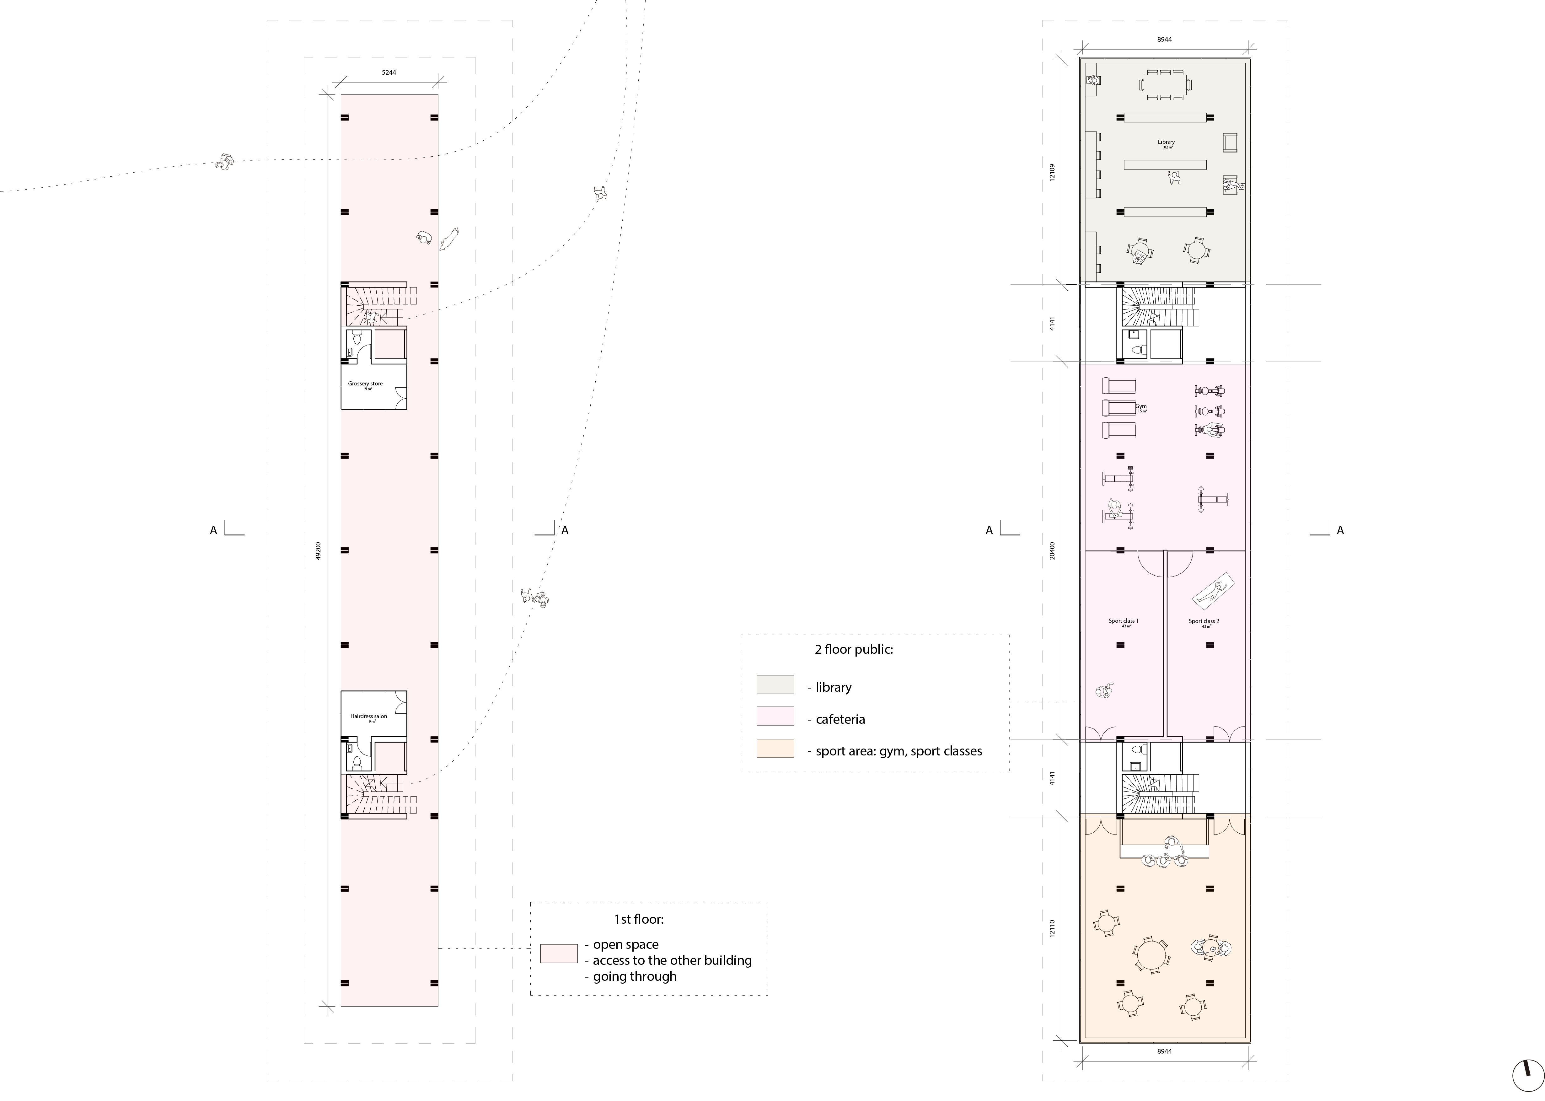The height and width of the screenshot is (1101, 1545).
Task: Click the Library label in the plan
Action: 1166,142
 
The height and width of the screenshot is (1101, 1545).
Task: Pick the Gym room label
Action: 1141,407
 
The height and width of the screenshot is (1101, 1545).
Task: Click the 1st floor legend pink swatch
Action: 559,953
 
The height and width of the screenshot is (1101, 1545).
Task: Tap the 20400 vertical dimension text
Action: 1051,550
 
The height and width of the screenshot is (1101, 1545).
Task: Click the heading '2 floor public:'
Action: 854,649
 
